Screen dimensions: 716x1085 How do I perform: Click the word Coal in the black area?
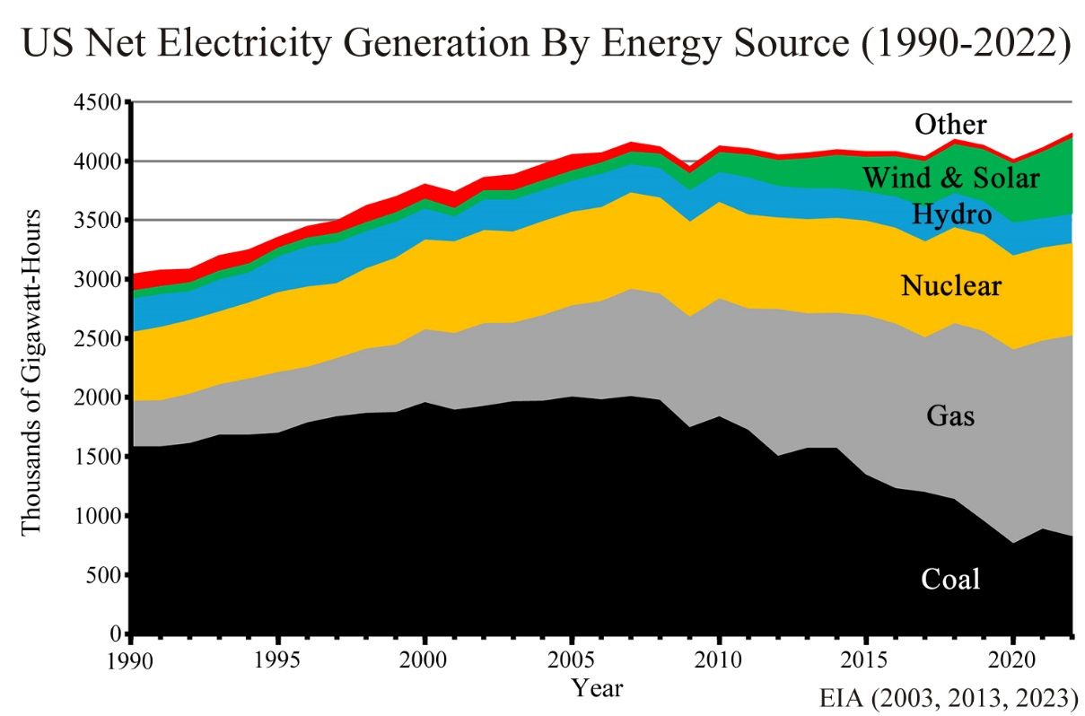coord(950,579)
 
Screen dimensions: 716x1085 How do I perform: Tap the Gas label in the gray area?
coord(950,416)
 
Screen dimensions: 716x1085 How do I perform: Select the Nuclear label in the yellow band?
coord(950,286)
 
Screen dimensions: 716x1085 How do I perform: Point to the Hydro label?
coord(951,214)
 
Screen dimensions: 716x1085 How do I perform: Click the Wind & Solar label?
coord(951,178)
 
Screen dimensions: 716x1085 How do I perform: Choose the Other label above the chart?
coord(950,124)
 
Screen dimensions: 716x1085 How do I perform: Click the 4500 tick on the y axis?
coord(101,102)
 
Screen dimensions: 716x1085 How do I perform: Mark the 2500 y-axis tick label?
coord(101,339)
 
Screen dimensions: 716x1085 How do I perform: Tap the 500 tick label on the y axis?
coord(108,575)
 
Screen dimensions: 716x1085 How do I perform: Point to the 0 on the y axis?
coord(117,634)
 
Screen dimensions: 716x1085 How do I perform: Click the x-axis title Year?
coord(597,688)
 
